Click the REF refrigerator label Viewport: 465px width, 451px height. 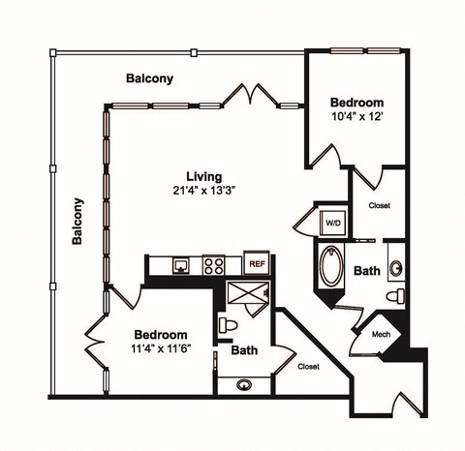click(x=257, y=263)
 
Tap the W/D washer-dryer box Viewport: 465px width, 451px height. click(x=332, y=223)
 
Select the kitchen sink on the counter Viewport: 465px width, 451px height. click(x=180, y=264)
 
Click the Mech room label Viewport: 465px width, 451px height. click(x=381, y=334)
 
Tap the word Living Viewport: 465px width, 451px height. click(x=204, y=177)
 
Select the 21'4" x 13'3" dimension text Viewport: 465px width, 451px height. click(x=204, y=191)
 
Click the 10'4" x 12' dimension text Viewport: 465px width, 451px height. click(x=356, y=116)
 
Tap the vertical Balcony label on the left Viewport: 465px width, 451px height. click(x=77, y=223)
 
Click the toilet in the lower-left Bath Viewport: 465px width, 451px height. click(x=226, y=325)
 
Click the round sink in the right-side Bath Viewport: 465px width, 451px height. click(x=396, y=267)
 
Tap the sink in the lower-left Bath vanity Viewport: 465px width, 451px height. click(x=243, y=384)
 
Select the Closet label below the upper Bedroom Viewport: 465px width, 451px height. click(x=379, y=205)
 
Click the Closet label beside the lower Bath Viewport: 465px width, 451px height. click(x=308, y=367)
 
